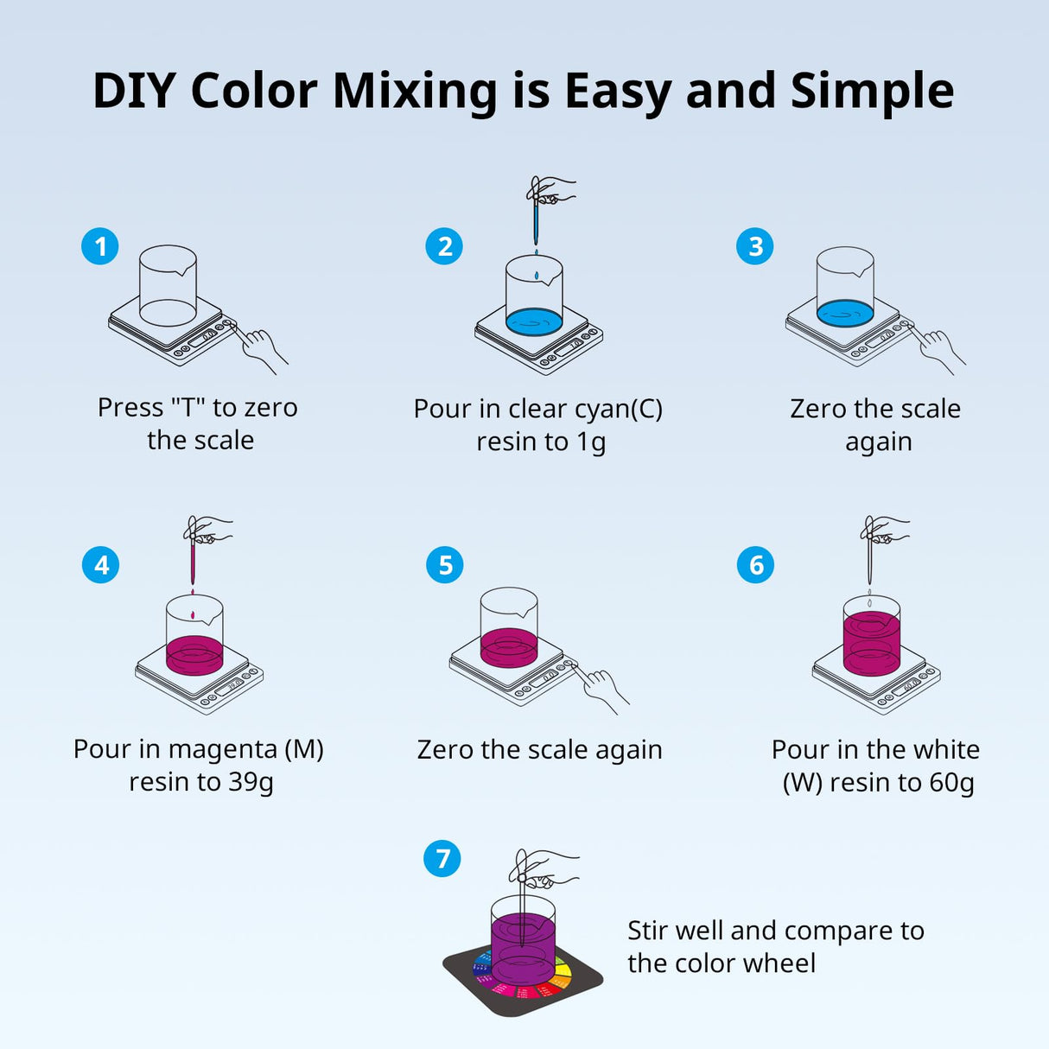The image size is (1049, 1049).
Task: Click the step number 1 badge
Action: (100, 246)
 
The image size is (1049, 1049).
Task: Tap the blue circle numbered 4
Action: (101, 565)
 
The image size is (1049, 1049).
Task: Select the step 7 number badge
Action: (442, 858)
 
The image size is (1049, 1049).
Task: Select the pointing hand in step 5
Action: (603, 688)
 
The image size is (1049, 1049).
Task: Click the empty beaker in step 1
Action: (168, 285)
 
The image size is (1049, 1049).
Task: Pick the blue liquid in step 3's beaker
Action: (844, 313)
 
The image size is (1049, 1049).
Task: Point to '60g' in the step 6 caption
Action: (951, 783)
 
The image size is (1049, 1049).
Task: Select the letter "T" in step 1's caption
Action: (188, 408)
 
